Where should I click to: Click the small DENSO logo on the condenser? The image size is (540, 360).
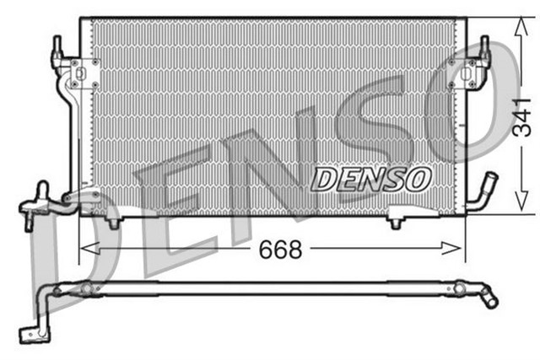371,178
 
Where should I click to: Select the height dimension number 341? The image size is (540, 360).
523,116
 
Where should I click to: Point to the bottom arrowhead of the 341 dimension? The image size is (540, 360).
515,208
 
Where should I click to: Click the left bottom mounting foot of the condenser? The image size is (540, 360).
113,221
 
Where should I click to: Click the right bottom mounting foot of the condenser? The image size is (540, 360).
396,222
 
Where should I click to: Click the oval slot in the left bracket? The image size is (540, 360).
74,83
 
